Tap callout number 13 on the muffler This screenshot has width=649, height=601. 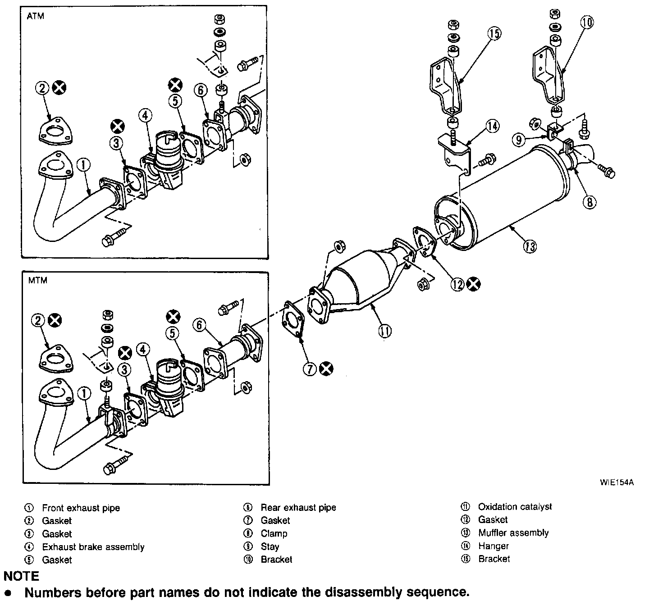coord(530,246)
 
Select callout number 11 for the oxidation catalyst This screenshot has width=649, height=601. coord(384,331)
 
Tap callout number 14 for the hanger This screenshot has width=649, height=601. coord(493,127)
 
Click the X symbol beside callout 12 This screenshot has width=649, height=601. coord(473,284)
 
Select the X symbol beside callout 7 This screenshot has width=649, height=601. coord(326,369)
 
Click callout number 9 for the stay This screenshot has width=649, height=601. coord(519,140)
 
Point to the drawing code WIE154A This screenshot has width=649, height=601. coord(617,483)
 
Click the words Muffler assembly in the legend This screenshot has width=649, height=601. coord(513,533)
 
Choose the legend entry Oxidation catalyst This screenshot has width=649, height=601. coord(515,507)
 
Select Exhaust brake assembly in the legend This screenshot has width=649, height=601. coord(93,547)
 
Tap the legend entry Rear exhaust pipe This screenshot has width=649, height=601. coord(298,508)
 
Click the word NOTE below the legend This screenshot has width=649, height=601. coord(21,576)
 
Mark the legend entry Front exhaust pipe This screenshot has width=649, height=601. coord(81,508)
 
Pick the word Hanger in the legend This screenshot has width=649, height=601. coord(494,546)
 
